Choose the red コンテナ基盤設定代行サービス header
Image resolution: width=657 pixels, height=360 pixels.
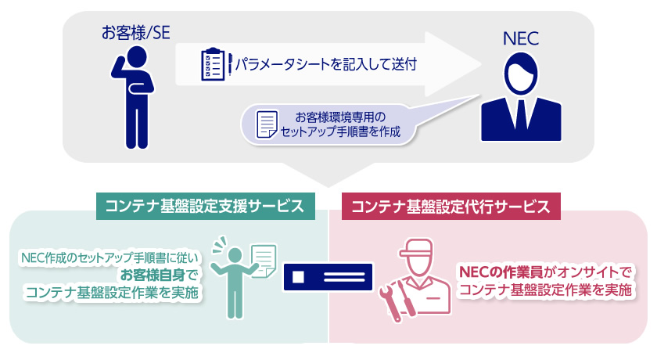tap(452, 207)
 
